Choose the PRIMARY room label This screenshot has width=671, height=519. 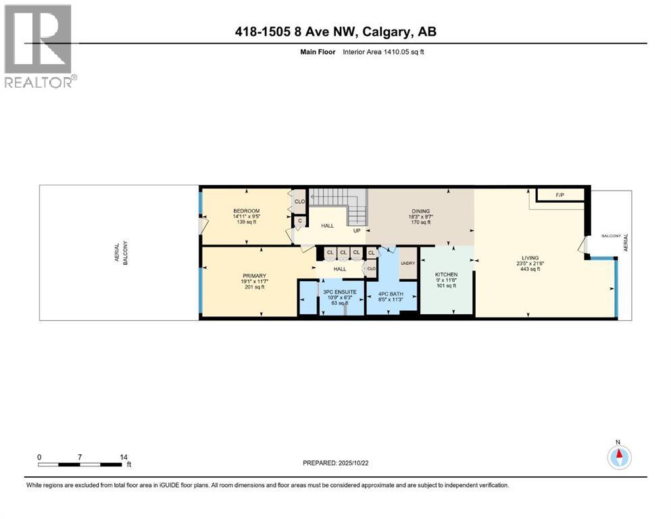coord(255,276)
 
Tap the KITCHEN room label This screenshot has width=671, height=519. coord(447,274)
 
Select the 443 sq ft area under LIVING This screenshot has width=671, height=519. coord(529,269)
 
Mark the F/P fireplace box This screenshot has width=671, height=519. coord(560,195)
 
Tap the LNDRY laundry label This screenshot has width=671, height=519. coord(407,263)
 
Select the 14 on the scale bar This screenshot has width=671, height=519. coord(124,457)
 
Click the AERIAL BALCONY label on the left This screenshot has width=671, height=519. coord(121,252)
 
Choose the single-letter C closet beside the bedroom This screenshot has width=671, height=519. coord(299,220)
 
